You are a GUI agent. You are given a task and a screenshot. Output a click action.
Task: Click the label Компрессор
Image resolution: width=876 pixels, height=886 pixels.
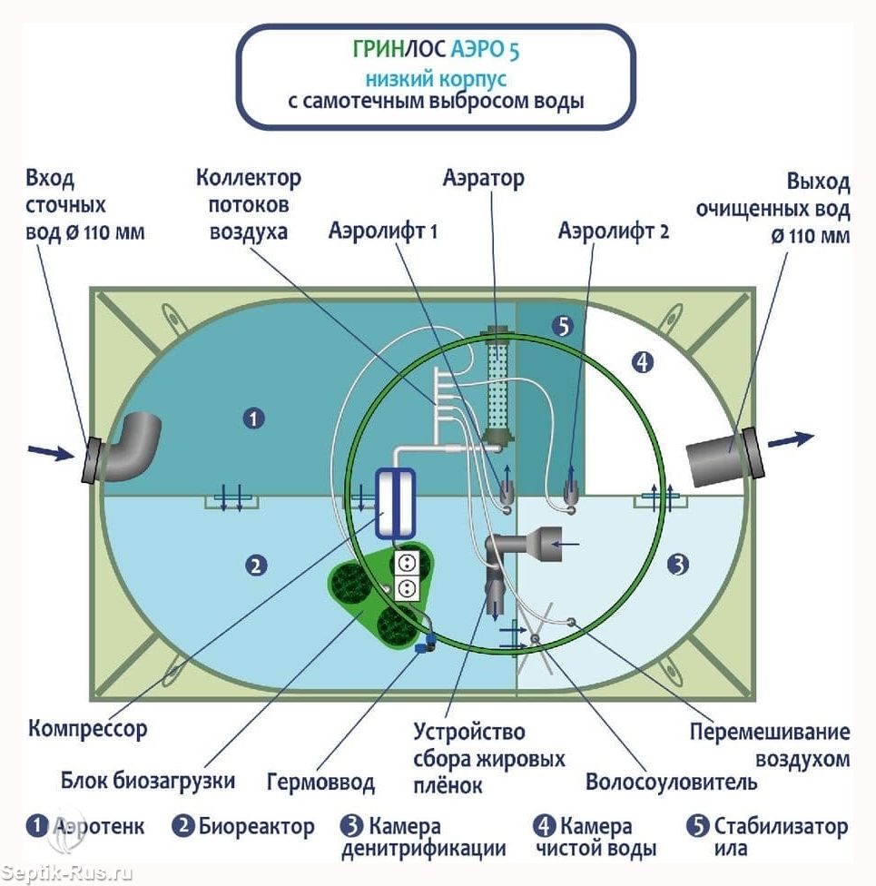[x=87, y=728]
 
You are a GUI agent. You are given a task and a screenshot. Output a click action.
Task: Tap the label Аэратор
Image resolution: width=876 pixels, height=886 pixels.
[x=483, y=178]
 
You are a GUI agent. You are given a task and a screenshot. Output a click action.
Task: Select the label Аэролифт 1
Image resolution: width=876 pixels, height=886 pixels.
[x=383, y=231]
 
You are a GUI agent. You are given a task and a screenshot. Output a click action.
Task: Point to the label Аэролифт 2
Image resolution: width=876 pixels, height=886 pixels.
[x=614, y=231]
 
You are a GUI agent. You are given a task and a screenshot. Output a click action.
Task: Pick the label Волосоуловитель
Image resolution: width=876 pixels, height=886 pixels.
[x=671, y=782]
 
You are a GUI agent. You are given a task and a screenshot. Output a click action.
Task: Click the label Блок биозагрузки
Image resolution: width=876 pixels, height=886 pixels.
[x=148, y=780]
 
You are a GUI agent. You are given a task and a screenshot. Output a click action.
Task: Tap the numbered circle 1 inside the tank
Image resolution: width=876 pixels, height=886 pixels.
[x=254, y=418]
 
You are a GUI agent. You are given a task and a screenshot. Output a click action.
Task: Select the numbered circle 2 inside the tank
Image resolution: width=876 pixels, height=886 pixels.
[x=256, y=566]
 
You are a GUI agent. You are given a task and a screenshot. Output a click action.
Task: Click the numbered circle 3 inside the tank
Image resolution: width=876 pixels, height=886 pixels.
[x=677, y=566]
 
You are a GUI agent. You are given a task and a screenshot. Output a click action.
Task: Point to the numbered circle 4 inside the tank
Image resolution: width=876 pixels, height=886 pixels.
[x=642, y=363]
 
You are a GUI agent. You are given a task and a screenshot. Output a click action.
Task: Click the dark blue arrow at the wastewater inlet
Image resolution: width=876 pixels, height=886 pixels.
[x=49, y=451]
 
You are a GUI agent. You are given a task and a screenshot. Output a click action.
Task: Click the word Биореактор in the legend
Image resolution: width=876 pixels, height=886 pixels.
[x=257, y=827]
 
